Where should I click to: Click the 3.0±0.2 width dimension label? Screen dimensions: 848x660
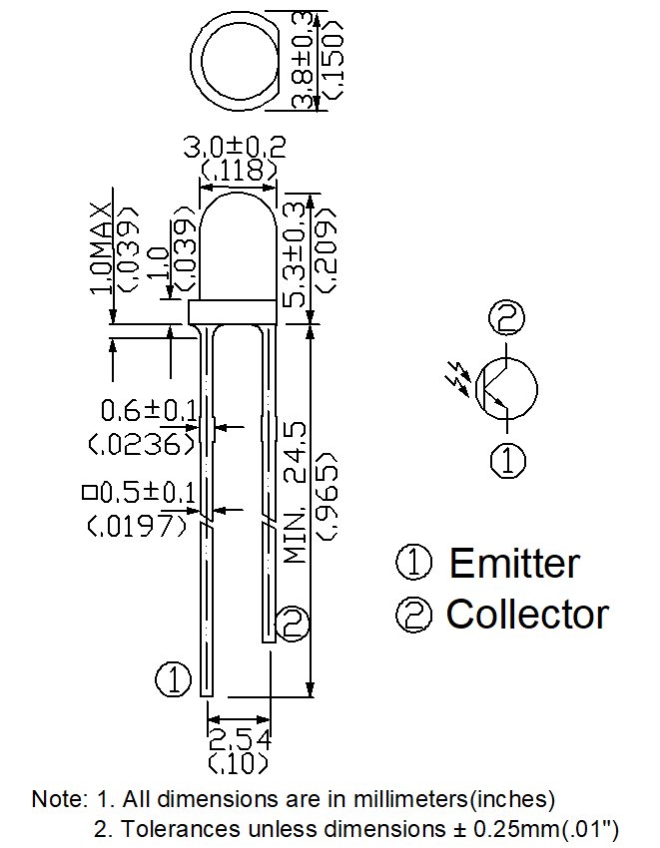236,148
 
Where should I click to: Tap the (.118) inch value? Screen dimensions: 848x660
238,172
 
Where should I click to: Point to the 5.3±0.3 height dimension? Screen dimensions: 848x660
298,254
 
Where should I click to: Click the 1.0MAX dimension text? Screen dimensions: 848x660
102,248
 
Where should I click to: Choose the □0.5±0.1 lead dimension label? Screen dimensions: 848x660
141,493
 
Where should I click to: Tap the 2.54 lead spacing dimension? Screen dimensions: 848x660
239,741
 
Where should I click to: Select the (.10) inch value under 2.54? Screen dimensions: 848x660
239,764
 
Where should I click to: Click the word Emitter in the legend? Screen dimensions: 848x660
513,564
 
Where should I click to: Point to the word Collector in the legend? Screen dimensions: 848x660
527,614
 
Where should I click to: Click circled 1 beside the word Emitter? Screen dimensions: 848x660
414,564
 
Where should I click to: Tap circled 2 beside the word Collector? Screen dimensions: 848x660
414,615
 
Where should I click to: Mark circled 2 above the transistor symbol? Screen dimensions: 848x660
507,319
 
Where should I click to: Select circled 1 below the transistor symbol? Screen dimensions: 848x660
507,460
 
